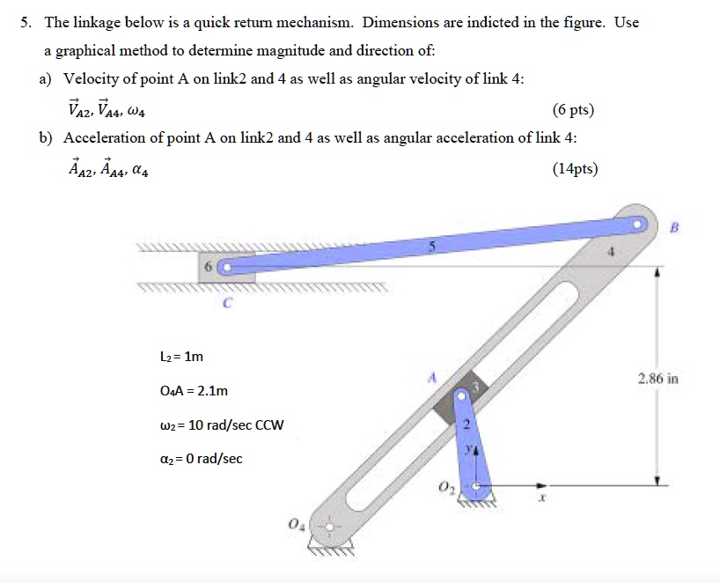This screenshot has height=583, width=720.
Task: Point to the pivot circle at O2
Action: [476, 484]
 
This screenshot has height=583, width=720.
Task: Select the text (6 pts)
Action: [573, 110]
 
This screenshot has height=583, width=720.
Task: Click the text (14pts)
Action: [573, 168]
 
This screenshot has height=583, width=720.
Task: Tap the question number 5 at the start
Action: [26, 22]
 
